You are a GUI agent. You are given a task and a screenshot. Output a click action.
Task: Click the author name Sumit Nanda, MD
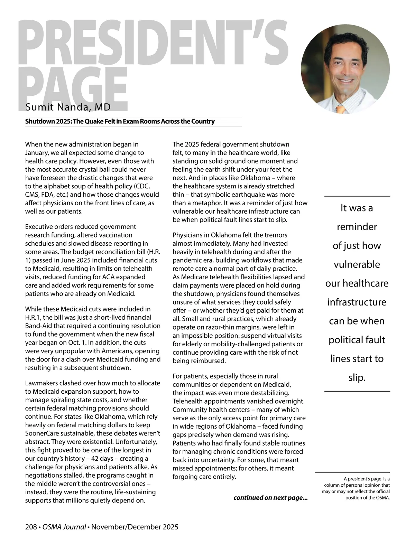[x=68, y=107]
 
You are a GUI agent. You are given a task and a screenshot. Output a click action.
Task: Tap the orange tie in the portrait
[x=341, y=110]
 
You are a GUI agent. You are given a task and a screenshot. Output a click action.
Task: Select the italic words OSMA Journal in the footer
[x=64, y=527]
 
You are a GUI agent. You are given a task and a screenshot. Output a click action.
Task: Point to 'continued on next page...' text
[x=270, y=498]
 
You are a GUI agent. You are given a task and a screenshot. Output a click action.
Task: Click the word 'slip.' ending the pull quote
[x=357, y=378]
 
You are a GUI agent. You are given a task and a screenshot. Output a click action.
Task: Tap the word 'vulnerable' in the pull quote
[x=357, y=265]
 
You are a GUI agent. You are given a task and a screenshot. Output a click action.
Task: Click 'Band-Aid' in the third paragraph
[x=38, y=326]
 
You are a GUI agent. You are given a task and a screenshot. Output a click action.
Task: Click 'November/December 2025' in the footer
[x=135, y=527]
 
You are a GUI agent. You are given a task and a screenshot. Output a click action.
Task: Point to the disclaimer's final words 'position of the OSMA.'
[x=368, y=498]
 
